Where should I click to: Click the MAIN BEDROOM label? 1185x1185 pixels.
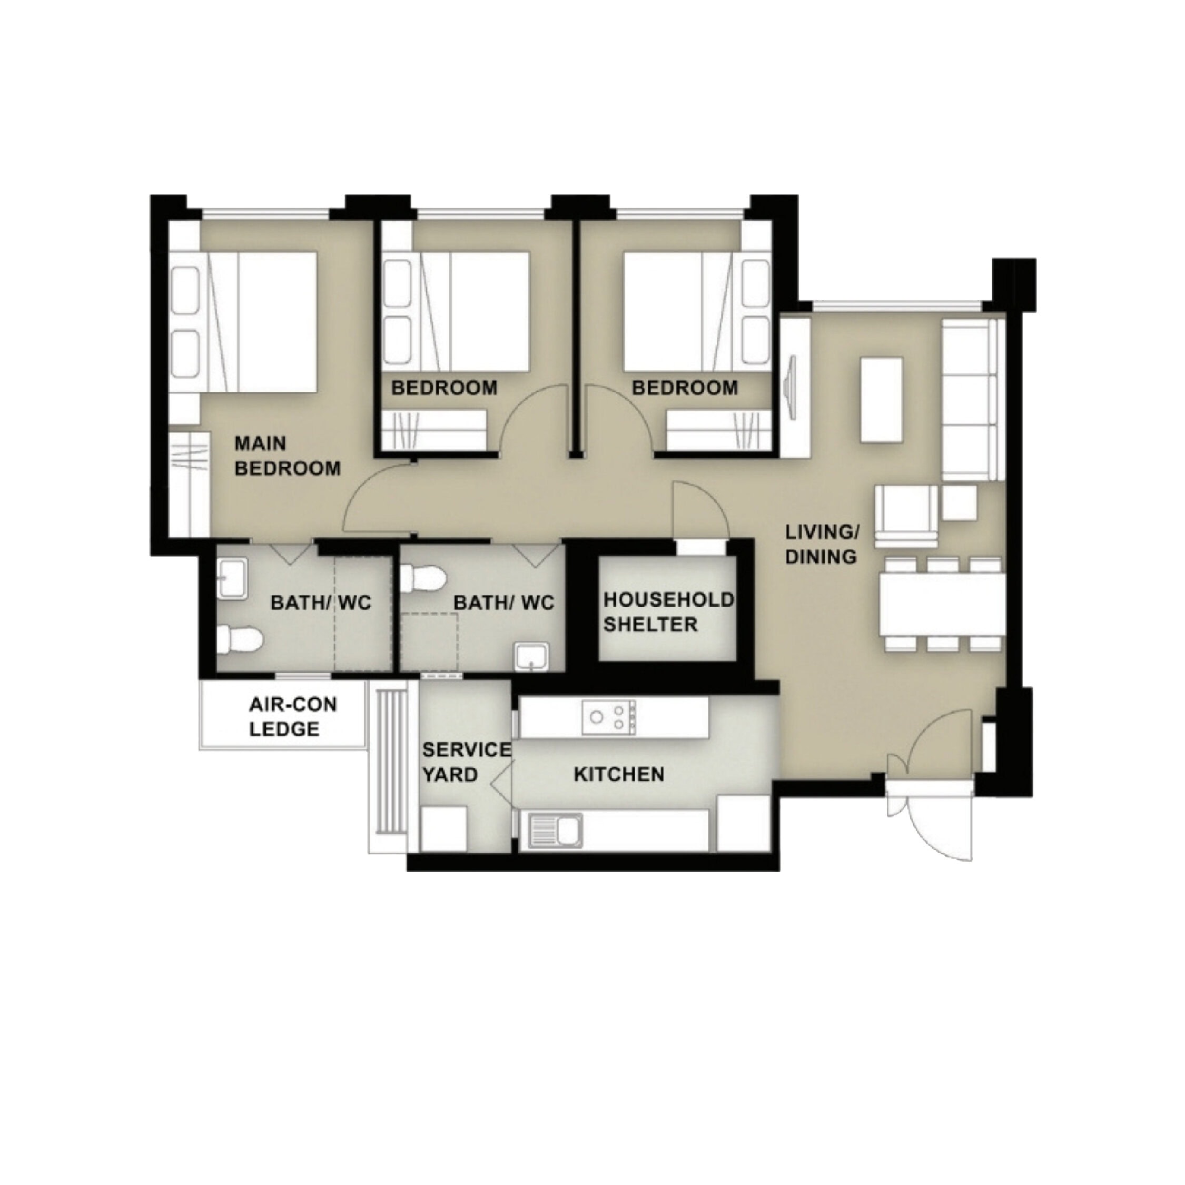(x=288, y=456)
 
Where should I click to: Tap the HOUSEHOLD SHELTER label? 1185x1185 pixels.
(x=668, y=611)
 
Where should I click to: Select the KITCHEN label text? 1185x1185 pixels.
(x=619, y=774)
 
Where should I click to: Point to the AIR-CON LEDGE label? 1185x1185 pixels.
(x=293, y=716)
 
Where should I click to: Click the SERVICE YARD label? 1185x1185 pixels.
(x=466, y=762)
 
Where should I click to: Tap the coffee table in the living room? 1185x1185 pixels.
(x=882, y=400)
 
